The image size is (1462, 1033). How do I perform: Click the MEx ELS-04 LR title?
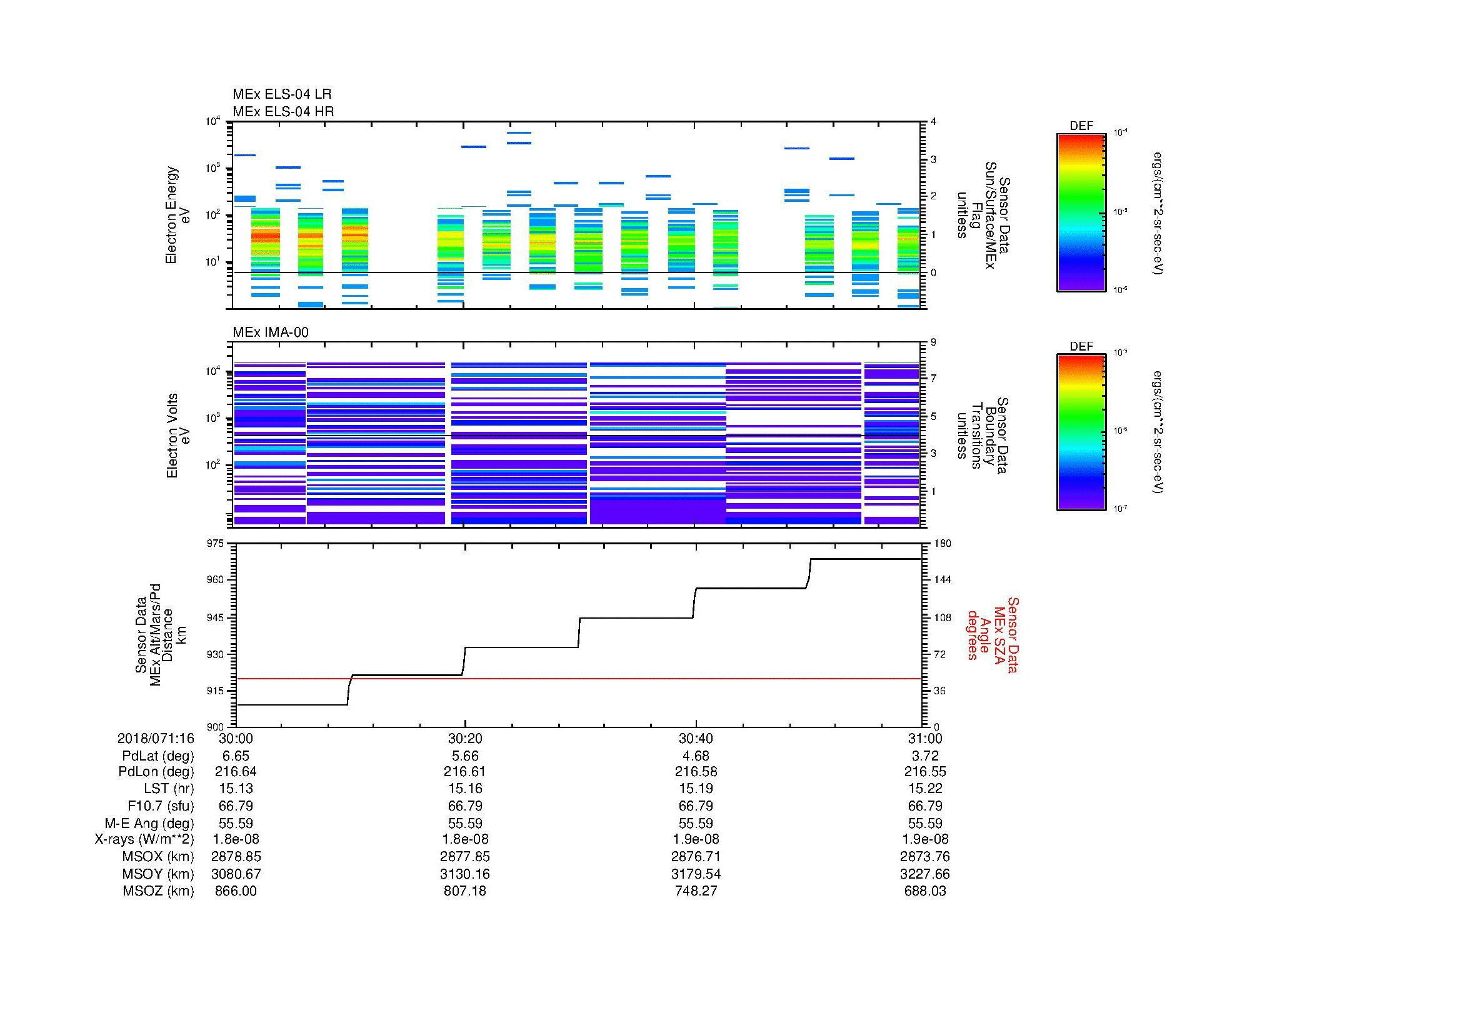click(x=281, y=94)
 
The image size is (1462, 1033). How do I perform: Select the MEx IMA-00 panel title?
click(x=271, y=332)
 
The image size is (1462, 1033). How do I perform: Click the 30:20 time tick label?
click(x=465, y=738)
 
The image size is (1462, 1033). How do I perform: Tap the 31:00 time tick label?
click(x=925, y=738)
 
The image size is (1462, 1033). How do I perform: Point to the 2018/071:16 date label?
click(x=156, y=738)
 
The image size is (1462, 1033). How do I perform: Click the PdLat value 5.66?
click(x=465, y=756)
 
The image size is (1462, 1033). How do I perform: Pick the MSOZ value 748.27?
click(x=696, y=891)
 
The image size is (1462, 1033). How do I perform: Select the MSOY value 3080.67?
click(x=236, y=874)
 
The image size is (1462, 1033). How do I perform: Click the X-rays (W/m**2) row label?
click(x=144, y=839)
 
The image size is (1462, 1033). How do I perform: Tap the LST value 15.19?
click(x=696, y=789)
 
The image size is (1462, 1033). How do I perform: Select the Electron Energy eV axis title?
click(x=178, y=214)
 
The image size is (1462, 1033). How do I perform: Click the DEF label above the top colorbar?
click(x=1081, y=126)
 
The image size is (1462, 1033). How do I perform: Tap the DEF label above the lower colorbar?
click(x=1081, y=346)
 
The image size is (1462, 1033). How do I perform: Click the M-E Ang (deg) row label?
click(x=149, y=823)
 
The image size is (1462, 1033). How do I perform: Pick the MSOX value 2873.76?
click(x=925, y=857)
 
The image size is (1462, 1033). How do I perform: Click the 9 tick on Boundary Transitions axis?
click(x=933, y=342)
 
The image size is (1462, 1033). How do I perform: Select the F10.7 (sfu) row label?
click(x=161, y=806)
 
